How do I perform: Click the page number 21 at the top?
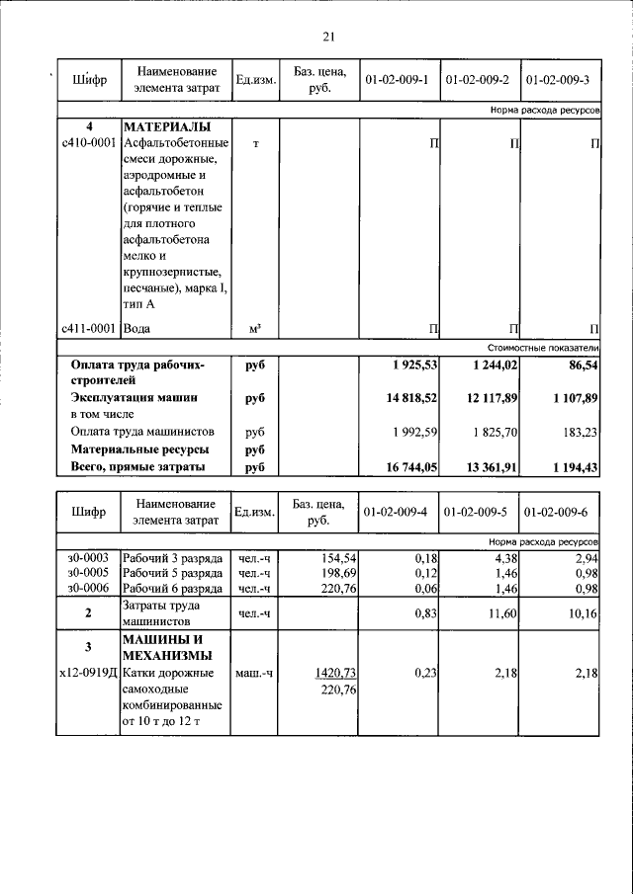pyautogui.click(x=328, y=37)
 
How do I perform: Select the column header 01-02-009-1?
pyautogui.click(x=397, y=80)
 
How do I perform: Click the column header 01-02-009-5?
pyautogui.click(x=479, y=512)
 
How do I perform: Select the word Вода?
pyautogui.click(x=138, y=328)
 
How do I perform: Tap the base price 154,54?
pyautogui.click(x=332, y=558)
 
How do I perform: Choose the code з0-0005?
pyautogui.click(x=88, y=573)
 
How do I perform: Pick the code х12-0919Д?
pyautogui.click(x=89, y=674)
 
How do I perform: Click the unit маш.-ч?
pyautogui.click(x=255, y=674)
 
